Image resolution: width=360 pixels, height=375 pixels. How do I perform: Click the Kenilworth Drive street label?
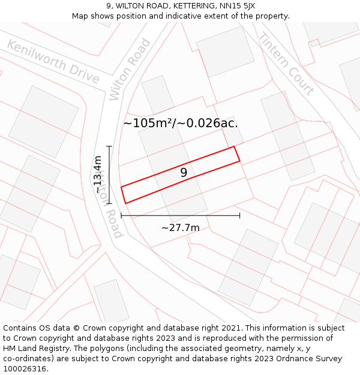pyautogui.click(x=53, y=62)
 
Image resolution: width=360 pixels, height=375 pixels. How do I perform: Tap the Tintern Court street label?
pyautogui.click(x=286, y=64)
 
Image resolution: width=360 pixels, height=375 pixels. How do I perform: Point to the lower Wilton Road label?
pyautogui.click(x=111, y=204)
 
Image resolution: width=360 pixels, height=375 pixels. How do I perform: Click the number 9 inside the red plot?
pyautogui.click(x=184, y=173)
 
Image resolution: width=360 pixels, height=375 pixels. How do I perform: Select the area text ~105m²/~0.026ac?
pyautogui.click(x=181, y=124)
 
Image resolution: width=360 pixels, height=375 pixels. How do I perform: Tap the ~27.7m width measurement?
pyautogui.click(x=181, y=228)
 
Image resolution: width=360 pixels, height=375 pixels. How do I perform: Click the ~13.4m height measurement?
pyautogui.click(x=98, y=174)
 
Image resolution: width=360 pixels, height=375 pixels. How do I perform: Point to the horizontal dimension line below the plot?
pyautogui.click(x=181, y=215)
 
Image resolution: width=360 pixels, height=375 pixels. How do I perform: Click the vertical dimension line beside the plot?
pyautogui.click(x=109, y=174)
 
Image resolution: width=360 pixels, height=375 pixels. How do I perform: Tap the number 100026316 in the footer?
pyautogui.click(x=24, y=369)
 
